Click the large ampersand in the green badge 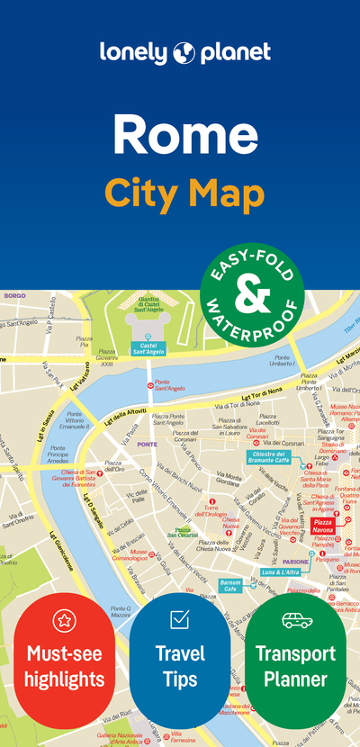252,291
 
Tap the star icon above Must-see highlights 64,620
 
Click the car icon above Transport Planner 297,620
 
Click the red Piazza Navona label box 322,526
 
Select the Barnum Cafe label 230,586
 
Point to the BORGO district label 14,295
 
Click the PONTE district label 148,445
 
